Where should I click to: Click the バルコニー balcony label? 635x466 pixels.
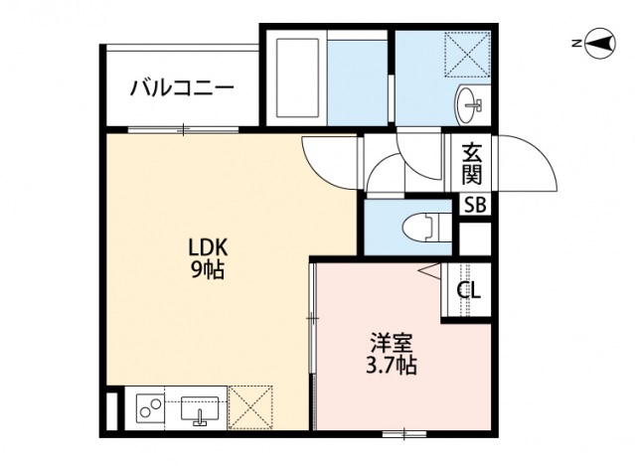point(182,87)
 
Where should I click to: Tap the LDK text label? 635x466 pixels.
point(208,247)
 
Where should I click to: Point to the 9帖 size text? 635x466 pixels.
point(208,269)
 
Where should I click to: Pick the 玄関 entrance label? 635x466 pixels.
point(472,165)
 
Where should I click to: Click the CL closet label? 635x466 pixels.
point(469,290)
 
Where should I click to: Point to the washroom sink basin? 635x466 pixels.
point(469,100)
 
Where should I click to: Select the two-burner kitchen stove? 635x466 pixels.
point(150,407)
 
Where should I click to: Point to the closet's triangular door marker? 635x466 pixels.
point(429,271)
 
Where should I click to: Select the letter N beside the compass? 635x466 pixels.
point(576,44)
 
